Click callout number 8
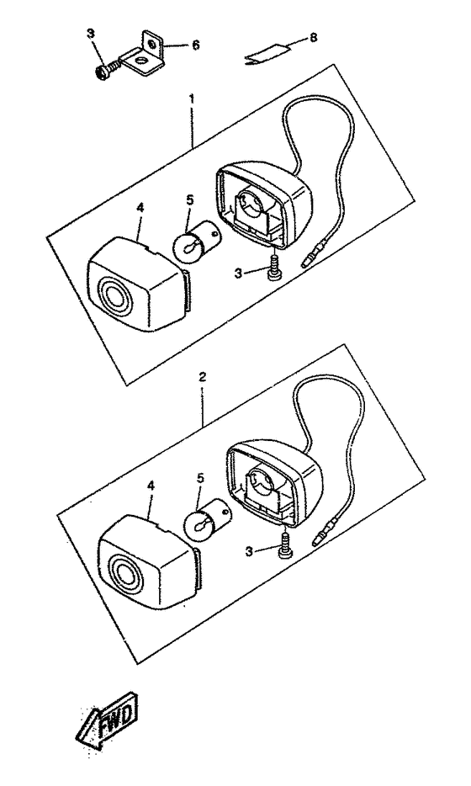coord(314,38)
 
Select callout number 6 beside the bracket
coord(196,45)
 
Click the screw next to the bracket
coord(107,69)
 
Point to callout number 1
coord(192,98)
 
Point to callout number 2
coord(202,377)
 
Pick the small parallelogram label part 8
coord(267,54)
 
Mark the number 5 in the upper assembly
coord(189,200)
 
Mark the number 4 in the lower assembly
coord(151,486)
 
